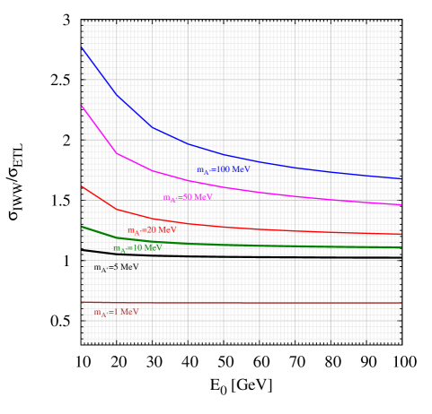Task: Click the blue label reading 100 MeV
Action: coord(224,169)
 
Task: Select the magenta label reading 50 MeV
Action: coord(188,197)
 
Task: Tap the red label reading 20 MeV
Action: coord(152,230)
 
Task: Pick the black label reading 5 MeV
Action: coord(115,267)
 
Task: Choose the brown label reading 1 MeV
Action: coord(116,313)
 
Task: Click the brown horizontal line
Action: coord(269,303)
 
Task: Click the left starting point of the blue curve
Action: coord(83,47)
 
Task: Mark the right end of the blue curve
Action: coord(400,178)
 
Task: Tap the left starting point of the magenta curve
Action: coord(83,106)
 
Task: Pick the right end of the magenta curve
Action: coord(400,204)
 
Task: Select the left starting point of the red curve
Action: coord(83,186)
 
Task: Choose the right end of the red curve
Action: coord(400,234)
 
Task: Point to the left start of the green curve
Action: coord(83,226)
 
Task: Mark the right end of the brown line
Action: coord(400,303)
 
